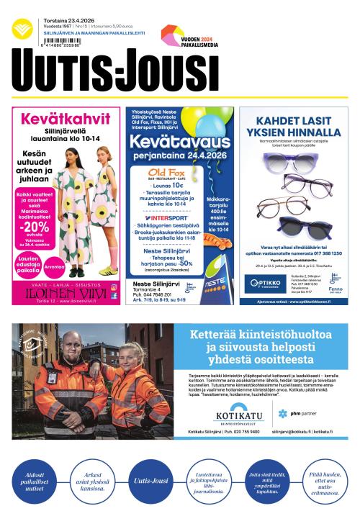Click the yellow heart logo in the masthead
(x=22, y=30)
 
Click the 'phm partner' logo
(x=301, y=413)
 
